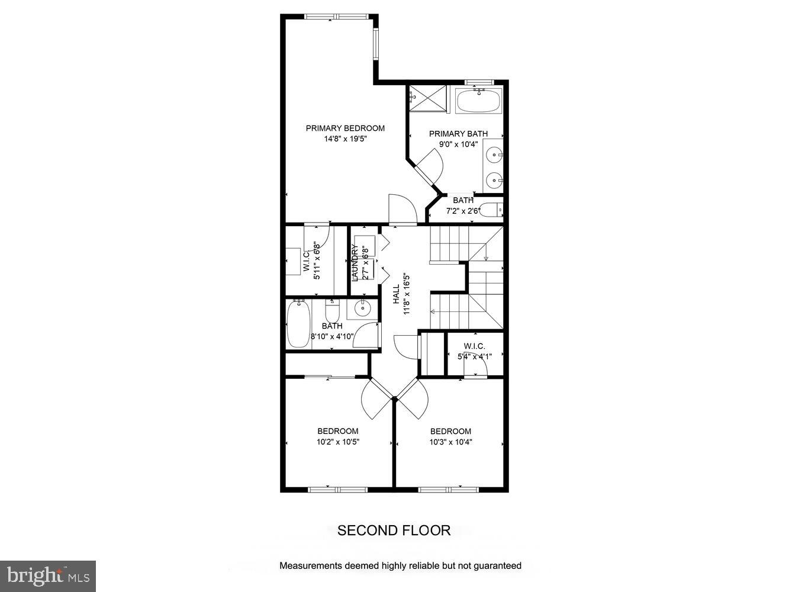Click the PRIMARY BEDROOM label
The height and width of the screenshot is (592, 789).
pos(345,128)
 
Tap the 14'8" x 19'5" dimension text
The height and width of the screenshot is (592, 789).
pos(345,139)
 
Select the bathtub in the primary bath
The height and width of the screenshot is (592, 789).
pos(479,101)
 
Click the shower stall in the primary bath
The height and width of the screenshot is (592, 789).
pos(429,98)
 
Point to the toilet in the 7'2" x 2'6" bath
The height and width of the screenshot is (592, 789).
pos(491,210)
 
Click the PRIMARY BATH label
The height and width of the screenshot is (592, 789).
pos(458,134)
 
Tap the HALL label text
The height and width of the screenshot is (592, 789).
pos(396,294)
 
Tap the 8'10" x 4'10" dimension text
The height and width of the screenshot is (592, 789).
pos(332,337)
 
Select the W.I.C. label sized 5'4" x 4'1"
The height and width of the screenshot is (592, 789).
pos(474,346)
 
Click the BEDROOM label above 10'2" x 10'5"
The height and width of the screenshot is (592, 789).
pos(337,431)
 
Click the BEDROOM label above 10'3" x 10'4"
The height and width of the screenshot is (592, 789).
pos(450,431)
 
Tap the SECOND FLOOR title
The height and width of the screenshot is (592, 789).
pos(394,530)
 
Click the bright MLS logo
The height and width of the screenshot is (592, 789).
pos(48,575)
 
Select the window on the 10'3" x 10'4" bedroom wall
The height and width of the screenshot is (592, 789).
pos(448,490)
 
